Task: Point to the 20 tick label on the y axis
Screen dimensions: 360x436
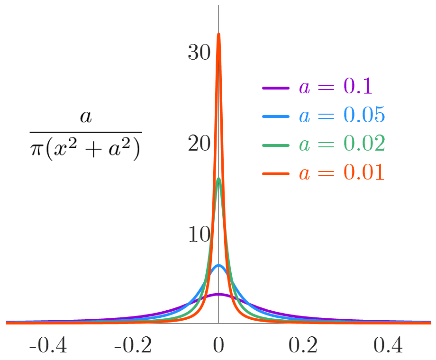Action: click(199, 144)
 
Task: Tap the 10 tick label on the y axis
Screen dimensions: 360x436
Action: click(199, 235)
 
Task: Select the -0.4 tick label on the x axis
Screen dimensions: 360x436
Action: click(48, 345)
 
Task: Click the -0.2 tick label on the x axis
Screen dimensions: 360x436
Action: click(133, 345)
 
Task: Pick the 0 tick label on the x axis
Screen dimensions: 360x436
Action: click(218, 345)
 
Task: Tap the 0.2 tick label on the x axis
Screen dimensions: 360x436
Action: click(303, 345)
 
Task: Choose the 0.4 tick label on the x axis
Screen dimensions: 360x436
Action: click(388, 345)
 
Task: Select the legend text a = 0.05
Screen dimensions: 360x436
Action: click(341, 116)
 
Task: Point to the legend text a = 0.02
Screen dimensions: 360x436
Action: click(341, 144)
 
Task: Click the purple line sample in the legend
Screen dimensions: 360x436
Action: click(275, 88)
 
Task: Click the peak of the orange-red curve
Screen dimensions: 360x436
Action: click(218, 34)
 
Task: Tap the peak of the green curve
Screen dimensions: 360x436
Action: click(218, 179)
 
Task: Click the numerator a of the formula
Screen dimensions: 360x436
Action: click(86, 117)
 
